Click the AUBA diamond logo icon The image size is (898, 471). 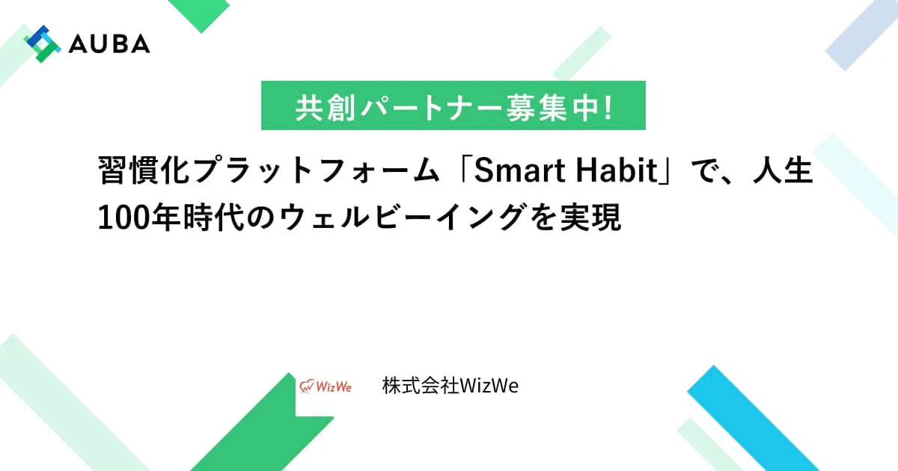click(42, 43)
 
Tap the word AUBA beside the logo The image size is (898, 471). click(109, 43)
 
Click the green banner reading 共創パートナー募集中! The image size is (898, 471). click(453, 105)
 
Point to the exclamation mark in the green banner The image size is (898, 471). click(608, 108)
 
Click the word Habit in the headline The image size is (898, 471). click(617, 170)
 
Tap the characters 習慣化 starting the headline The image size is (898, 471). click(144, 170)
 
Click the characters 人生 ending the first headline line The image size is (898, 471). click(783, 170)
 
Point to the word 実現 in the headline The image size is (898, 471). click(590, 218)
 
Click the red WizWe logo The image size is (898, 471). click(325, 387)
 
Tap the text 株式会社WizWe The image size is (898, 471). click(450, 386)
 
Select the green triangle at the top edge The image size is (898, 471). click(199, 15)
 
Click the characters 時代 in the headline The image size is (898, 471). click(214, 218)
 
